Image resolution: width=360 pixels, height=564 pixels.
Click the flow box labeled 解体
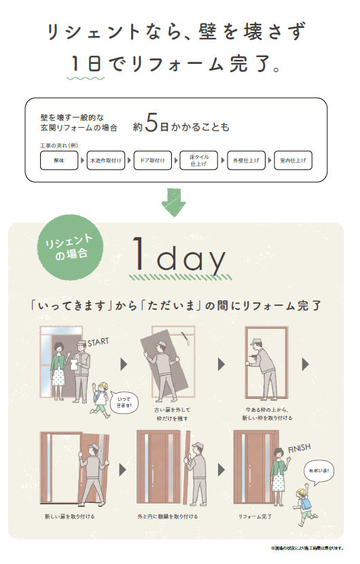(x=61, y=160)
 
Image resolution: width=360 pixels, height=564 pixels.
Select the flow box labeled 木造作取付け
(x=107, y=160)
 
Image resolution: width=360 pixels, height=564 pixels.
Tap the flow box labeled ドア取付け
(x=154, y=160)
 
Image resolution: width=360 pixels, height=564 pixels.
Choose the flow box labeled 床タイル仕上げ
(x=200, y=160)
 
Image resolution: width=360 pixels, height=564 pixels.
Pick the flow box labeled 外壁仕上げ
(x=246, y=160)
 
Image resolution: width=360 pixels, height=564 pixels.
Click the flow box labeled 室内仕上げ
(x=293, y=160)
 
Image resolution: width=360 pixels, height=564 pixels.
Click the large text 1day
(x=179, y=257)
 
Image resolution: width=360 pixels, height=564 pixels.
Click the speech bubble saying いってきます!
(x=124, y=403)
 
